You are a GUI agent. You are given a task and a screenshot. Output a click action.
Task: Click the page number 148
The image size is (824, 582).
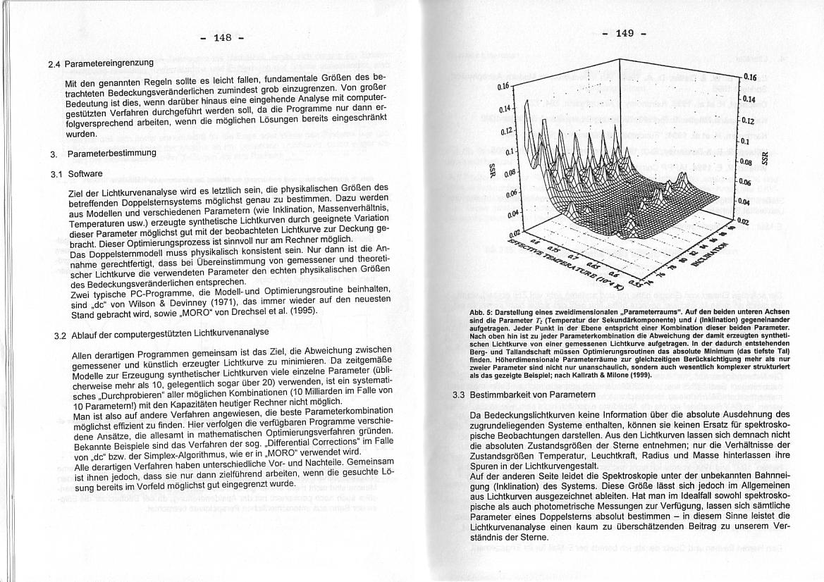coord(223,37)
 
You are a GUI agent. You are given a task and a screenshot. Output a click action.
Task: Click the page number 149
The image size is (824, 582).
coord(625,32)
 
